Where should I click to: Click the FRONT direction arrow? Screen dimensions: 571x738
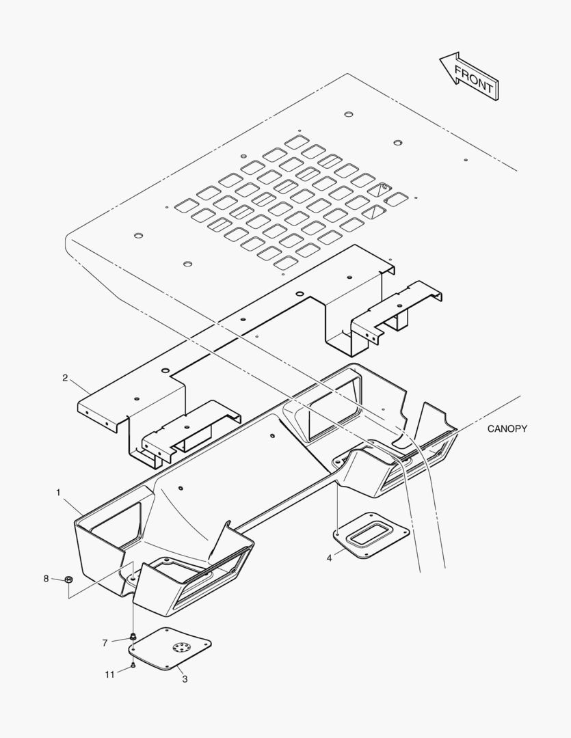tap(469, 77)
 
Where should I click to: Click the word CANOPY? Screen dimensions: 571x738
tap(507, 428)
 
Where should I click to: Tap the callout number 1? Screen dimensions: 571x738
tap(58, 492)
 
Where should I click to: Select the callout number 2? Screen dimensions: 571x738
tap(65, 378)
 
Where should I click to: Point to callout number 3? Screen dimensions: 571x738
tap(185, 679)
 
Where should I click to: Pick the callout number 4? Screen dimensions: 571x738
tap(330, 558)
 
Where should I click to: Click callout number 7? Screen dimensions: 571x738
tap(105, 643)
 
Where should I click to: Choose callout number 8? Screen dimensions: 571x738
tap(47, 579)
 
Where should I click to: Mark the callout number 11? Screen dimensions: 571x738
tap(110, 675)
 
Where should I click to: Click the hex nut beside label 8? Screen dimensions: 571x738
tap(68, 579)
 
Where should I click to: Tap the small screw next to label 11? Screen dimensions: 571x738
tap(133, 666)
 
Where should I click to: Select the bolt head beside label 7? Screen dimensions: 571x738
tap(133, 637)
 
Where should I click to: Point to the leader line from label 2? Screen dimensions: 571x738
tap(81, 387)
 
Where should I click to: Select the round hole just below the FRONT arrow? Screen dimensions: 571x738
tap(349, 114)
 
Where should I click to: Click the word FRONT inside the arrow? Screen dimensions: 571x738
tap(473, 79)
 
